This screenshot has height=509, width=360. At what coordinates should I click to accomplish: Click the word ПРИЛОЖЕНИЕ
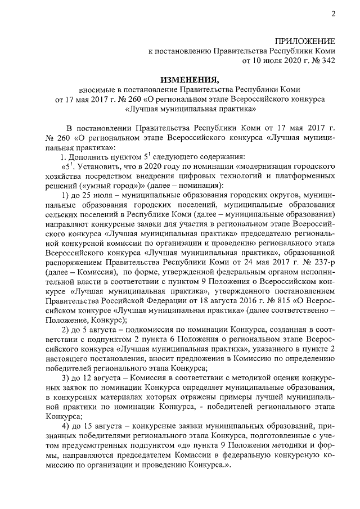pyautogui.click(x=305, y=41)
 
